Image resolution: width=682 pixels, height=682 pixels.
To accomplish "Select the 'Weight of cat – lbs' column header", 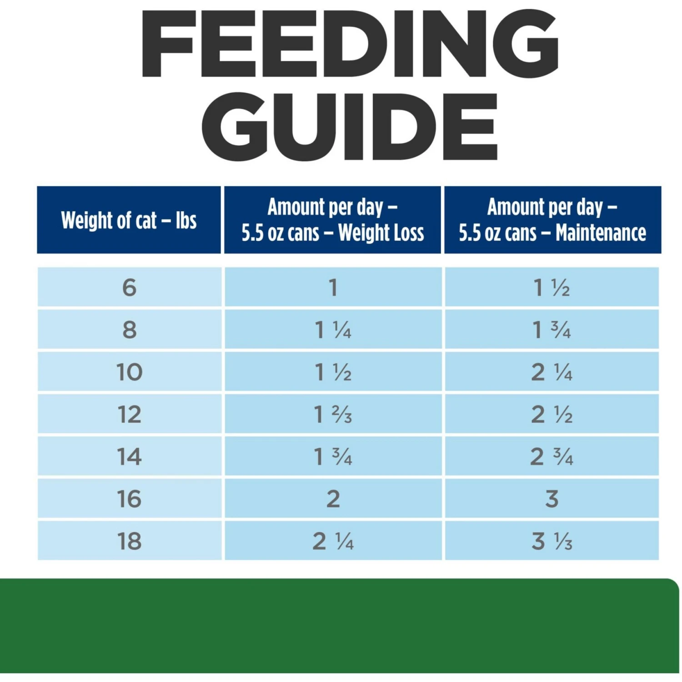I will [x=129, y=221].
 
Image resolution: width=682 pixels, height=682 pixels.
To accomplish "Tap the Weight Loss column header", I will [x=333, y=220].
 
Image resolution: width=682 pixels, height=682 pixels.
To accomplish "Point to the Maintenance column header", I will [x=552, y=220].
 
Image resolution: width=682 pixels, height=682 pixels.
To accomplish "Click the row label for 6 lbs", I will [x=129, y=287].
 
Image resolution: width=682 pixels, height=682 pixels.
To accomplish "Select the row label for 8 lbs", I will [x=129, y=330].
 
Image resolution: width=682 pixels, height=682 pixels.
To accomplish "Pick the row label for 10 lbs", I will [x=129, y=372].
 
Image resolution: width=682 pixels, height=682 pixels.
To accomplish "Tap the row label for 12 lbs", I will [x=129, y=414].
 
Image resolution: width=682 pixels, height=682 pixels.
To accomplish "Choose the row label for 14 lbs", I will [x=129, y=456].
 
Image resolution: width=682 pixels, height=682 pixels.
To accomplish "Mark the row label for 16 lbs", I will [x=129, y=499].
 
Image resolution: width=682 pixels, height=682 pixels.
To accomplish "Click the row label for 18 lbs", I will [x=129, y=541].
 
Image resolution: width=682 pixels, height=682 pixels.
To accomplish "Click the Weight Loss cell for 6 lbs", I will [x=333, y=287].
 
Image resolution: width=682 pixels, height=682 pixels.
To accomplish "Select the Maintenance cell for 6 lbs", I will [x=552, y=287].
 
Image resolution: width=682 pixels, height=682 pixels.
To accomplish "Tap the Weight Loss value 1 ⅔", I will [x=333, y=414].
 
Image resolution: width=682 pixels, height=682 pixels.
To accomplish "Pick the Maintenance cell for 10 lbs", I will [x=552, y=372].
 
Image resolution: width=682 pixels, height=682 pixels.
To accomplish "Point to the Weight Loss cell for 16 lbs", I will [x=333, y=499].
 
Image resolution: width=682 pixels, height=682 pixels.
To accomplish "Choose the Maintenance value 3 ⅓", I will [x=552, y=541].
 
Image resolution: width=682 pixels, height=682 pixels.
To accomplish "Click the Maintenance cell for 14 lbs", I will [x=552, y=456].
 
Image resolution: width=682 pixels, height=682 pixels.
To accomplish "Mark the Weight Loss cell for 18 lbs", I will [x=333, y=541].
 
